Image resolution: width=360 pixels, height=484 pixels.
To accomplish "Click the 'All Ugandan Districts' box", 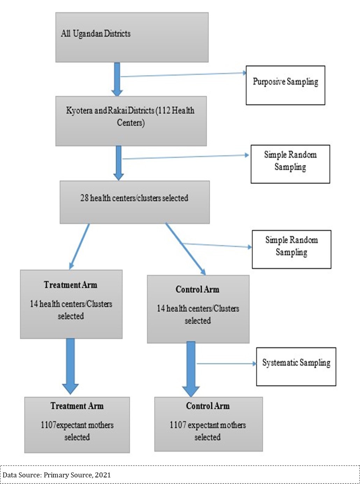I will (132, 37).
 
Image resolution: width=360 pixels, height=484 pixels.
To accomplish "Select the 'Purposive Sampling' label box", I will (285, 85).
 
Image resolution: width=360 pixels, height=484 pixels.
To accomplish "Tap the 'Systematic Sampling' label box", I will (296, 366).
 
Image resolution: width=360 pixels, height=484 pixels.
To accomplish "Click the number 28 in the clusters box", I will (85, 198).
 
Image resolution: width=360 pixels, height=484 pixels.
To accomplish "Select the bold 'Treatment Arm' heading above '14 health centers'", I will (71, 285).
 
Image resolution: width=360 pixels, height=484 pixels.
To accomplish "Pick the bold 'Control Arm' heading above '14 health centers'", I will (197, 289).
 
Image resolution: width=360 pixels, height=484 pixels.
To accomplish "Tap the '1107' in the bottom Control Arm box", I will (178, 425).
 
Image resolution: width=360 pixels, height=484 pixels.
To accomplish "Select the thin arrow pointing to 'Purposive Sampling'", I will (182, 74).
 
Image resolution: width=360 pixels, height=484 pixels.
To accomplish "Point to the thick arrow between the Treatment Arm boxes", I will (70, 365).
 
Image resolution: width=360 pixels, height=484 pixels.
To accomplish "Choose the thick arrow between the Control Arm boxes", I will (191, 369).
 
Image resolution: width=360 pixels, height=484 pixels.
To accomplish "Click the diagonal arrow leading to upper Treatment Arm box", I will (80, 246).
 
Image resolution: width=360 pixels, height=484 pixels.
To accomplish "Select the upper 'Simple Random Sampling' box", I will (290, 164).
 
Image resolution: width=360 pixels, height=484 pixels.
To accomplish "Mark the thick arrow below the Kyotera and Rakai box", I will (118, 163).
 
